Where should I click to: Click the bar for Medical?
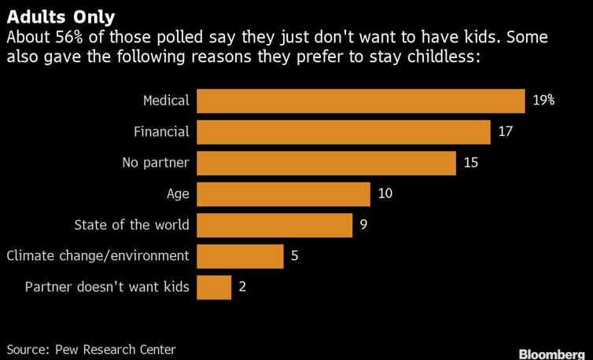tap(360, 101)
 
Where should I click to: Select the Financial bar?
tap(344, 132)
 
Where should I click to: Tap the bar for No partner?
tap(326, 163)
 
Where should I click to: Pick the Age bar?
tap(283, 194)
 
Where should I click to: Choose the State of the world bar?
tap(274, 225)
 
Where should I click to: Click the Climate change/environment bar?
tap(240, 256)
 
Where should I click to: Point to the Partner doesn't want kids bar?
tap(214, 287)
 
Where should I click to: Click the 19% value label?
tap(543, 101)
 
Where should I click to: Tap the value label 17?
tap(505, 132)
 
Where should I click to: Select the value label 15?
tap(470, 163)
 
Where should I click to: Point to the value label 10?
tap(385, 194)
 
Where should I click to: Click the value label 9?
tap(363, 225)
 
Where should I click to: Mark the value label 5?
tap(294, 256)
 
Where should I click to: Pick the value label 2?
tap(242, 287)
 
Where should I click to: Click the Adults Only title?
tap(61, 17)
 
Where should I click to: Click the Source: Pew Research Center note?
tap(91, 349)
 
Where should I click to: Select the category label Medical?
tap(166, 101)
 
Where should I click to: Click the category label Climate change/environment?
tap(98, 256)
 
